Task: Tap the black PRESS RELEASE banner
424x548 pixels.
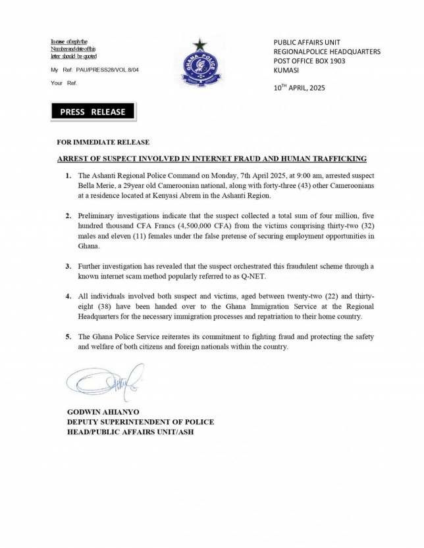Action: point(92,112)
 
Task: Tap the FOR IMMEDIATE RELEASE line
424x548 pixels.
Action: point(103,143)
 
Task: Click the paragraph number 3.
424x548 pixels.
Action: point(68,267)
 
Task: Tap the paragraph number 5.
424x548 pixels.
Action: point(68,336)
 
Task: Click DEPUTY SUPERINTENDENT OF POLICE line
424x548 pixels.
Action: point(140,422)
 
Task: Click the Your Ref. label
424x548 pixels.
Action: point(64,83)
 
